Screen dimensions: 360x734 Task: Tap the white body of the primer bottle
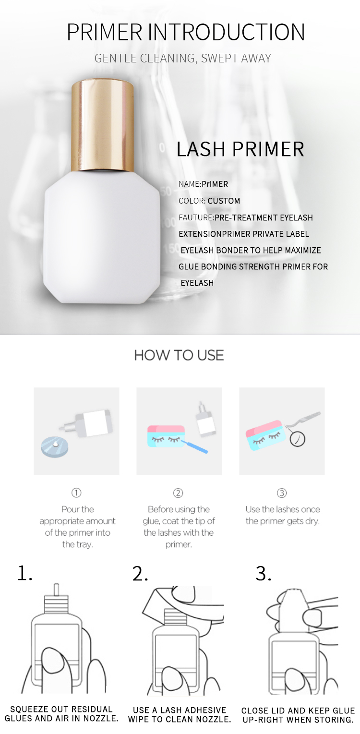pyautogui.click(x=102, y=236)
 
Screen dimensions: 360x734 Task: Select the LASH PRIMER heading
pyautogui.click(x=240, y=149)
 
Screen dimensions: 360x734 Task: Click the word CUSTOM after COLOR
pyautogui.click(x=224, y=201)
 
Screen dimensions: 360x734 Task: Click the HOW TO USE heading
pyautogui.click(x=179, y=356)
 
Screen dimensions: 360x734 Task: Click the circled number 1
pyautogui.click(x=76, y=493)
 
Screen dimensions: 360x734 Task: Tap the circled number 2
pyautogui.click(x=178, y=493)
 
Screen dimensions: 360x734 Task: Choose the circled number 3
pyautogui.click(x=282, y=493)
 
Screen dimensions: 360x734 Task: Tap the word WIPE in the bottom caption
pyautogui.click(x=139, y=720)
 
